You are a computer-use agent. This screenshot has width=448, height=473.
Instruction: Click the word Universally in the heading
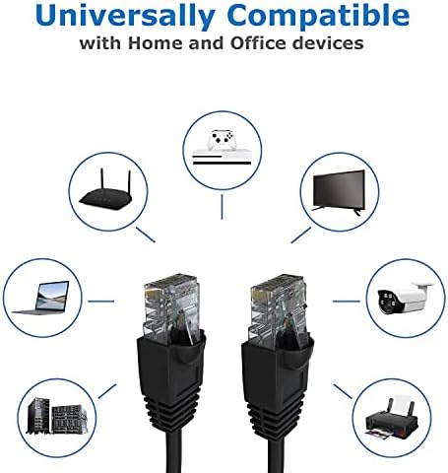point(125,16)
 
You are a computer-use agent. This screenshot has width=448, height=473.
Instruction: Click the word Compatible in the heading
point(318,16)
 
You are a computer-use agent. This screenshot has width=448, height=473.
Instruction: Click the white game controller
point(222,140)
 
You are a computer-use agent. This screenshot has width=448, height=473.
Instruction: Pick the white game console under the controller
point(222,157)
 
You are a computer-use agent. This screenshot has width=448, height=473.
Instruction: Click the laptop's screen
point(52,296)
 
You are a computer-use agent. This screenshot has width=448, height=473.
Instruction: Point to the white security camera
point(406,298)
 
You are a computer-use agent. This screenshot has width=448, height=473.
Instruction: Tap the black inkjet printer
point(392,419)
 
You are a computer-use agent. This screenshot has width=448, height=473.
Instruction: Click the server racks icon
point(57,416)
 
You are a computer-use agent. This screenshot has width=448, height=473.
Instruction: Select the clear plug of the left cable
point(171,307)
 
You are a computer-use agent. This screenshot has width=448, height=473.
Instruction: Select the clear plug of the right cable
point(279,308)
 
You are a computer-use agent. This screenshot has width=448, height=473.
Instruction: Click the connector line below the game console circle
point(222,207)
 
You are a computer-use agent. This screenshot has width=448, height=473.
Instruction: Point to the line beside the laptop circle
point(101,301)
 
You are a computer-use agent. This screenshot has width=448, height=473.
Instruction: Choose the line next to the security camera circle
point(347,301)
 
